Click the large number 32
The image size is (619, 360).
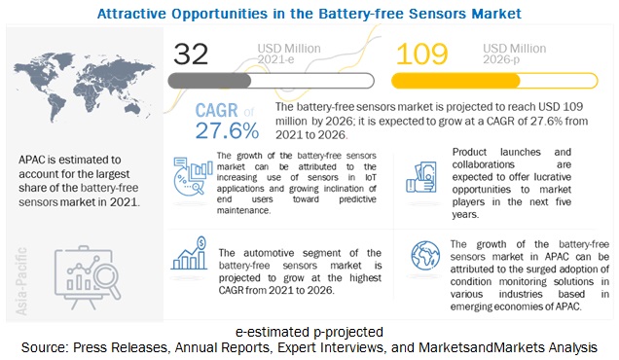click(191, 54)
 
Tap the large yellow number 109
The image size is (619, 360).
click(422, 54)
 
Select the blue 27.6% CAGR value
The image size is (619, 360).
click(228, 130)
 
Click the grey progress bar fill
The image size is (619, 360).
click(209, 81)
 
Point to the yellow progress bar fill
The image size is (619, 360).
click(455, 81)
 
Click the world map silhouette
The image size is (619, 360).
click(84, 87)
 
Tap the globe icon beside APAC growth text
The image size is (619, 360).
click(425, 256)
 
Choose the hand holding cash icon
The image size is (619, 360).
click(421, 177)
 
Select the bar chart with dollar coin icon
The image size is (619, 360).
click(189, 253)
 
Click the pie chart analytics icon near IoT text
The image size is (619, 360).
click(193, 176)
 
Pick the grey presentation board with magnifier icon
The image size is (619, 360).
click(88, 277)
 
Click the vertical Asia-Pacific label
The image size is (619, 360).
click(21, 281)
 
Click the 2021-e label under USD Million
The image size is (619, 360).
click(275, 59)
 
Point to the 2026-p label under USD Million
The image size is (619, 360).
click(501, 59)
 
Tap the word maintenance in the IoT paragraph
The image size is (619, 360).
click(243, 210)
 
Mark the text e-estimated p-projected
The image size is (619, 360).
click(309, 332)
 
